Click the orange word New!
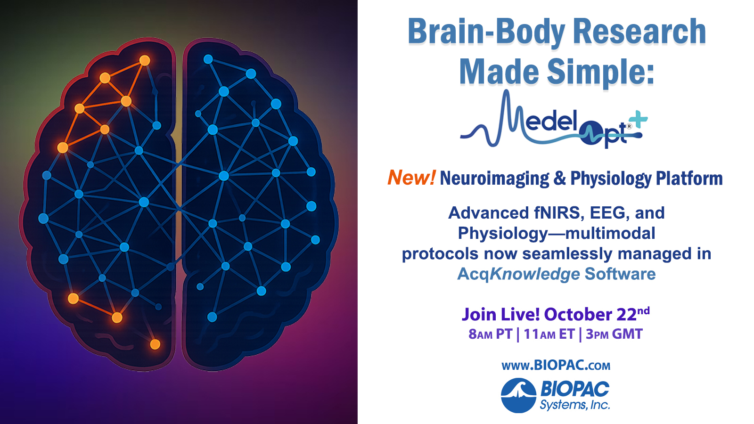[411, 178]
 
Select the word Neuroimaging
[494, 179]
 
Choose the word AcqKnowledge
[518, 274]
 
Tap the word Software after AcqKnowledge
[620, 274]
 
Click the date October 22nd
[597, 314]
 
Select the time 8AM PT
[490, 334]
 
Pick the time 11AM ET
[549, 334]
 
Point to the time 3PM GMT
[614, 334]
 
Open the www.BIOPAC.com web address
[556, 366]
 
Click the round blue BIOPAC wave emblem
[518, 395]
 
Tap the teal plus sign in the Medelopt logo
[639, 120]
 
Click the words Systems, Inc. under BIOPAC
[575, 405]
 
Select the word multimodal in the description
[610, 233]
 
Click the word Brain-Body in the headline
[486, 32]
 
